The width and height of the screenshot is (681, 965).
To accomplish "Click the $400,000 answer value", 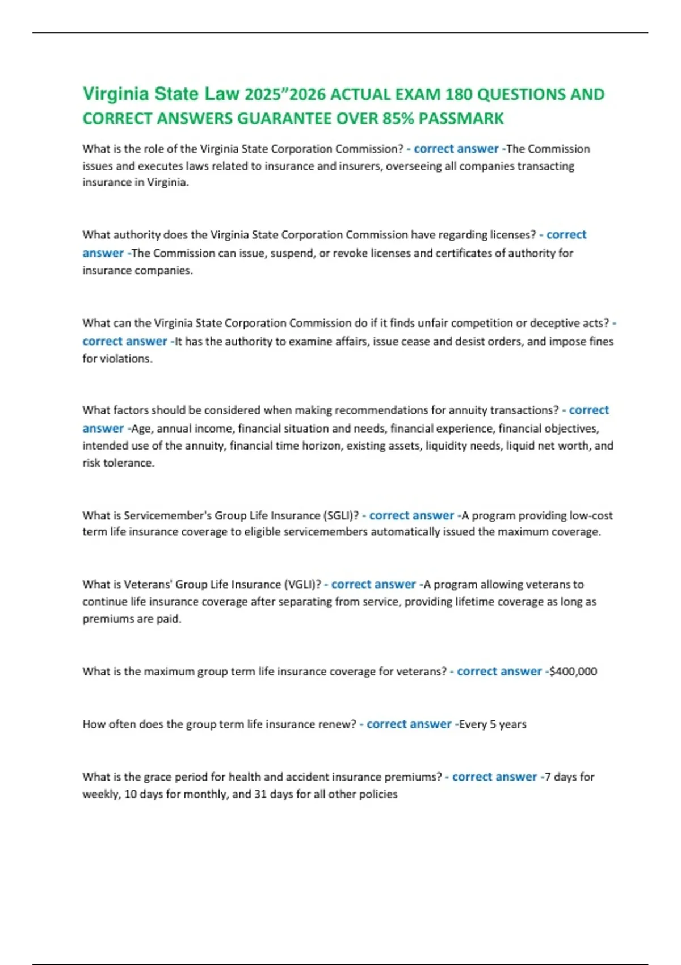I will click(x=573, y=672).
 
